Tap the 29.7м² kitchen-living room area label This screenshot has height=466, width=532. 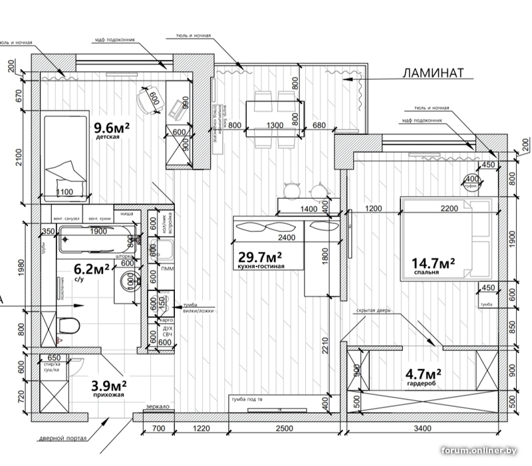[260, 257]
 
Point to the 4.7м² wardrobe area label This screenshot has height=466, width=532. [424, 376]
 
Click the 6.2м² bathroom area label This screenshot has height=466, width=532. [91, 269]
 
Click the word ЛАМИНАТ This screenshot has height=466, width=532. [433, 73]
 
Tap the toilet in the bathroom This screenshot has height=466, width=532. [68, 326]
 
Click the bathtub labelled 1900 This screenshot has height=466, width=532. [96, 241]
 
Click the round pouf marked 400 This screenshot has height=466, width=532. [471, 179]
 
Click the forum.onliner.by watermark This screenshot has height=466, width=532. [479, 451]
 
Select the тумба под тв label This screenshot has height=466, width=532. [249, 400]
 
